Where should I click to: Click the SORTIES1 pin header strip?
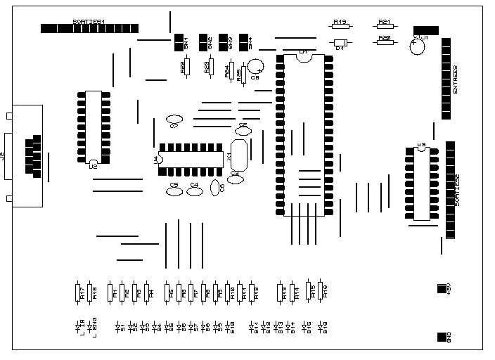(x=89, y=29)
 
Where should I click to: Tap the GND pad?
(x=442, y=336)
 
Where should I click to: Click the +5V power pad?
(x=442, y=288)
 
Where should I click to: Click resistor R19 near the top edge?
(x=340, y=26)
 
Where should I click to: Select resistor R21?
(x=385, y=26)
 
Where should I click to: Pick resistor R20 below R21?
(x=385, y=41)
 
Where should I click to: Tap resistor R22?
(x=186, y=67)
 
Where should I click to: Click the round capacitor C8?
(x=255, y=67)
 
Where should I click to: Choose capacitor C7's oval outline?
(x=174, y=120)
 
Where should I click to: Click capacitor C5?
(x=174, y=190)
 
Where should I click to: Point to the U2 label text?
(x=93, y=167)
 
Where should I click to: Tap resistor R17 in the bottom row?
(x=77, y=292)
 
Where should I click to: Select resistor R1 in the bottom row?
(x=110, y=292)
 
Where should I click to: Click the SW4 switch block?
(x=245, y=42)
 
